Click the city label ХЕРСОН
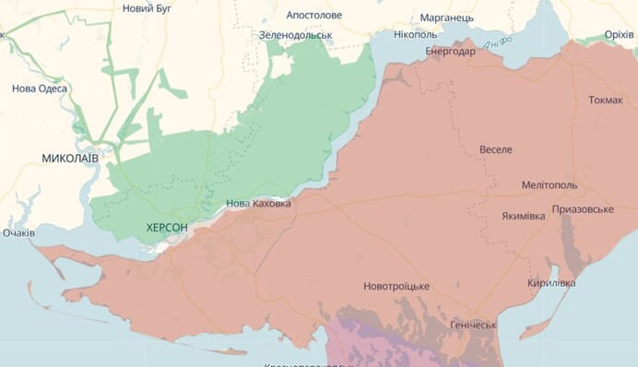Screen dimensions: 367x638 pyautogui.click(x=167, y=227)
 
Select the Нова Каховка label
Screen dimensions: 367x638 pyautogui.click(x=258, y=204)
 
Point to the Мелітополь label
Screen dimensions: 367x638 pyautogui.click(x=549, y=185)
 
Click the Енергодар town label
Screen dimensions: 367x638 pyautogui.click(x=450, y=52)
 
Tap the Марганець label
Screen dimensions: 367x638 pyautogui.click(x=446, y=18)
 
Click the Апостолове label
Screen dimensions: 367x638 pyautogui.click(x=313, y=16)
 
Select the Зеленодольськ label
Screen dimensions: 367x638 pyautogui.click(x=295, y=35)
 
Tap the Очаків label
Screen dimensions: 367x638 pyautogui.click(x=18, y=233)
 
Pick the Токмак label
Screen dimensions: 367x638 pyautogui.click(x=605, y=101)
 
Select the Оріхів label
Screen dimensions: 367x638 pyautogui.click(x=619, y=35)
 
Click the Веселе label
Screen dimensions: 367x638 pyautogui.click(x=496, y=149)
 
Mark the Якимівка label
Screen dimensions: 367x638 pyautogui.click(x=524, y=217)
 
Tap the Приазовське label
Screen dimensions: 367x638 pyautogui.click(x=583, y=209)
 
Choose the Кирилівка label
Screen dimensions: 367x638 pyautogui.click(x=551, y=283)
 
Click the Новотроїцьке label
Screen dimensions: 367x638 pyautogui.click(x=396, y=286)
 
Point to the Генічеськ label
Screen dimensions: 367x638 pyautogui.click(x=473, y=325)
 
